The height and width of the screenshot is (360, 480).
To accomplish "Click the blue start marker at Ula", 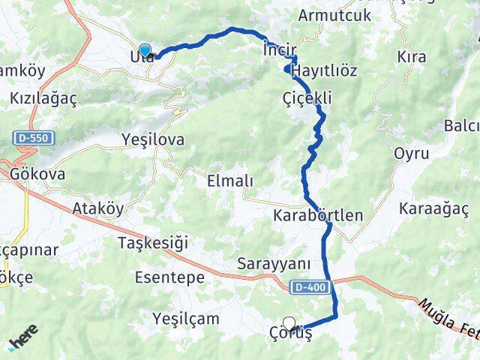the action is (x=145, y=51).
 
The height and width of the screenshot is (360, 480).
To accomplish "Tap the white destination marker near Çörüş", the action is (x=289, y=323).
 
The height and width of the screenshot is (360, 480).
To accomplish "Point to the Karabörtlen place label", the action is (x=319, y=216).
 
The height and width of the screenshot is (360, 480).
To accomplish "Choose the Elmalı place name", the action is (x=229, y=181).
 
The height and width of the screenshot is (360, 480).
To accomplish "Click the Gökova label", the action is (x=38, y=174).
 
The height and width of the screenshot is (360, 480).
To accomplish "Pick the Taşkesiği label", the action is (x=152, y=242).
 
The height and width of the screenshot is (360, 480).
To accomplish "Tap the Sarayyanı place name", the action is (x=273, y=264).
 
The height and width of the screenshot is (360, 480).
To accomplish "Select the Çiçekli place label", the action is (x=307, y=98).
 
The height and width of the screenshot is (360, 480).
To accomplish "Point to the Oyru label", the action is (x=411, y=154).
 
